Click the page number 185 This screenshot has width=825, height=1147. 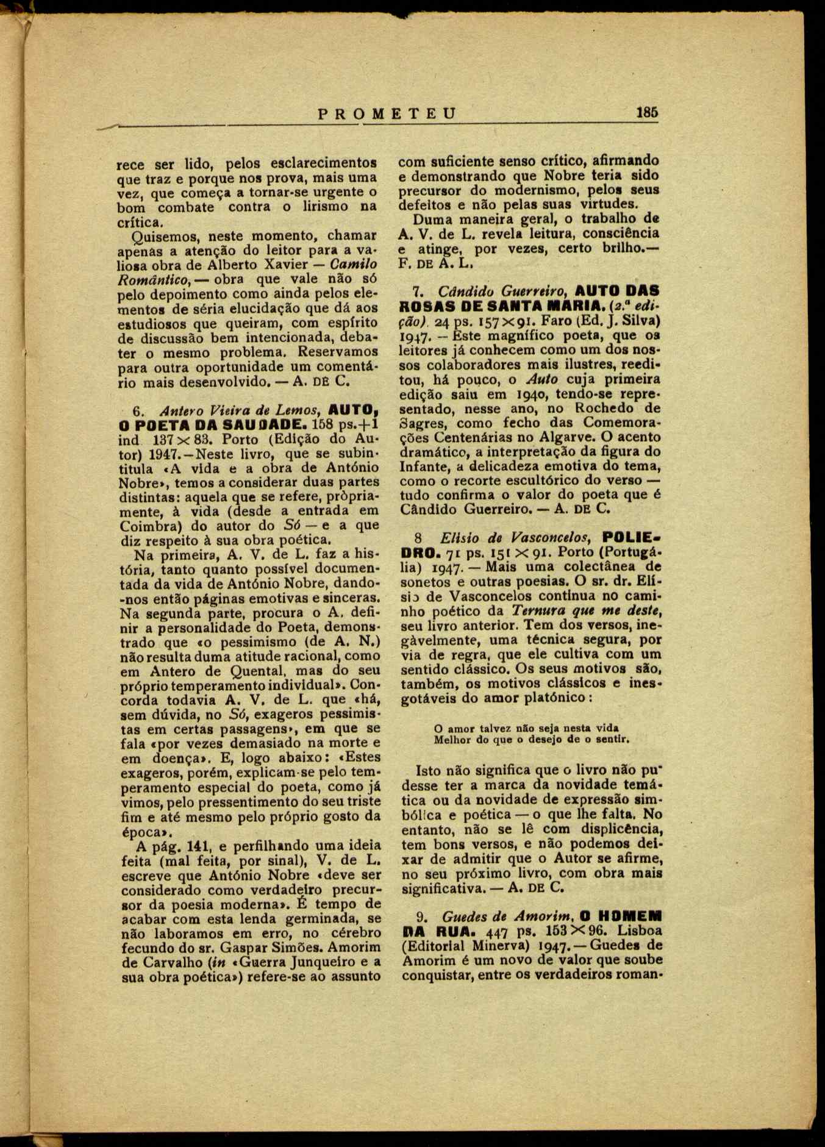[647, 113]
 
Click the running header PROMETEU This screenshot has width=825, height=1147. [387, 113]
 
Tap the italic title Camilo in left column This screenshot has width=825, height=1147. [353, 264]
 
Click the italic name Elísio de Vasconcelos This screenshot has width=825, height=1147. [515, 538]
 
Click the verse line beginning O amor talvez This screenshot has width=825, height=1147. [526, 728]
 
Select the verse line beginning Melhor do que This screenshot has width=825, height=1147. [530, 739]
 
